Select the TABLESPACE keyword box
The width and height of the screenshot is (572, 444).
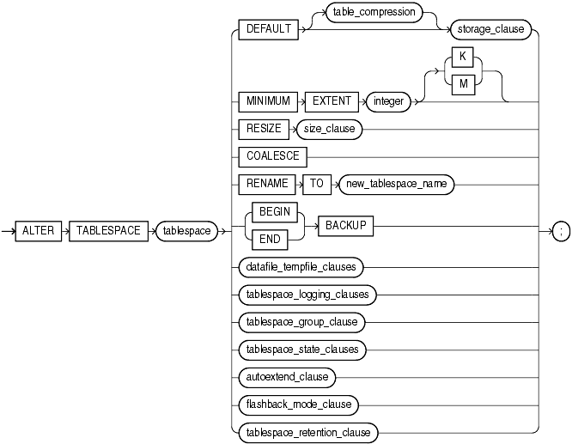click(x=107, y=231)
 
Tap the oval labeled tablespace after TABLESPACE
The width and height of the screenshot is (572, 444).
click(x=186, y=231)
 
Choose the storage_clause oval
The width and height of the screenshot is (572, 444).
click(x=489, y=28)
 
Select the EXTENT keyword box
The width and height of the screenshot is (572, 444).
click(x=330, y=100)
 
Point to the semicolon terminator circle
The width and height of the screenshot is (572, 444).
click(x=561, y=232)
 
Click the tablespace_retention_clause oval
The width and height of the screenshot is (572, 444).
click(x=307, y=432)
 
